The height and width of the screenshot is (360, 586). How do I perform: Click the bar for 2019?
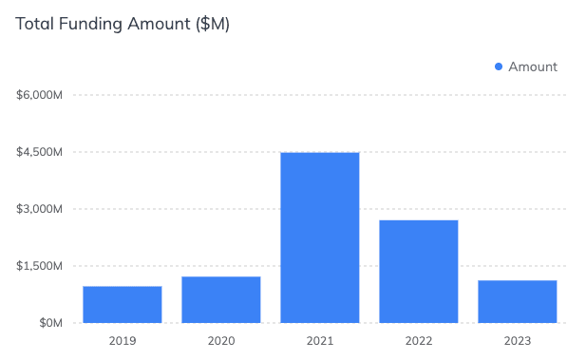[x=122, y=304]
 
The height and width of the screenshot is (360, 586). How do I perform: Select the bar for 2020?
[x=220, y=299]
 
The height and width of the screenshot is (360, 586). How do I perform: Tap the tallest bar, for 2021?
[x=319, y=237]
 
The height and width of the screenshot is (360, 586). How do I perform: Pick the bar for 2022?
[x=418, y=271]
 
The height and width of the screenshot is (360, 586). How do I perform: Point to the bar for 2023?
[x=517, y=301]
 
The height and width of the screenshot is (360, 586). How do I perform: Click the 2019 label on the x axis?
[x=122, y=340]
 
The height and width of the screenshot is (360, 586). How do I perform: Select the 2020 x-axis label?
[x=220, y=340]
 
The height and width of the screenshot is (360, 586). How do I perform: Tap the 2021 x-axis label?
[x=319, y=340]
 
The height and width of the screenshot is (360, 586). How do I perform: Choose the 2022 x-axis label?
[x=418, y=340]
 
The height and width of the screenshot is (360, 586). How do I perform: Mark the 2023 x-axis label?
[x=517, y=340]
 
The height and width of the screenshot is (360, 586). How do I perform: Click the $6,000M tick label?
[x=40, y=95]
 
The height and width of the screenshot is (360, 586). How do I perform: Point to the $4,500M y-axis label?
[x=40, y=152]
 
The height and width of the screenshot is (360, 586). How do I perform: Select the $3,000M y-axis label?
[x=40, y=209]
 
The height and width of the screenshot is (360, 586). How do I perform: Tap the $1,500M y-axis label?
[x=40, y=266]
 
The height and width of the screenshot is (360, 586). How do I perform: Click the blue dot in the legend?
[x=499, y=66]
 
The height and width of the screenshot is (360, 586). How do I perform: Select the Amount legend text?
[x=533, y=66]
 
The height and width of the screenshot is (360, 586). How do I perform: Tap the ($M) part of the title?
[x=212, y=24]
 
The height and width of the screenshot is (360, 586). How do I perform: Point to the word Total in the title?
[x=34, y=24]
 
